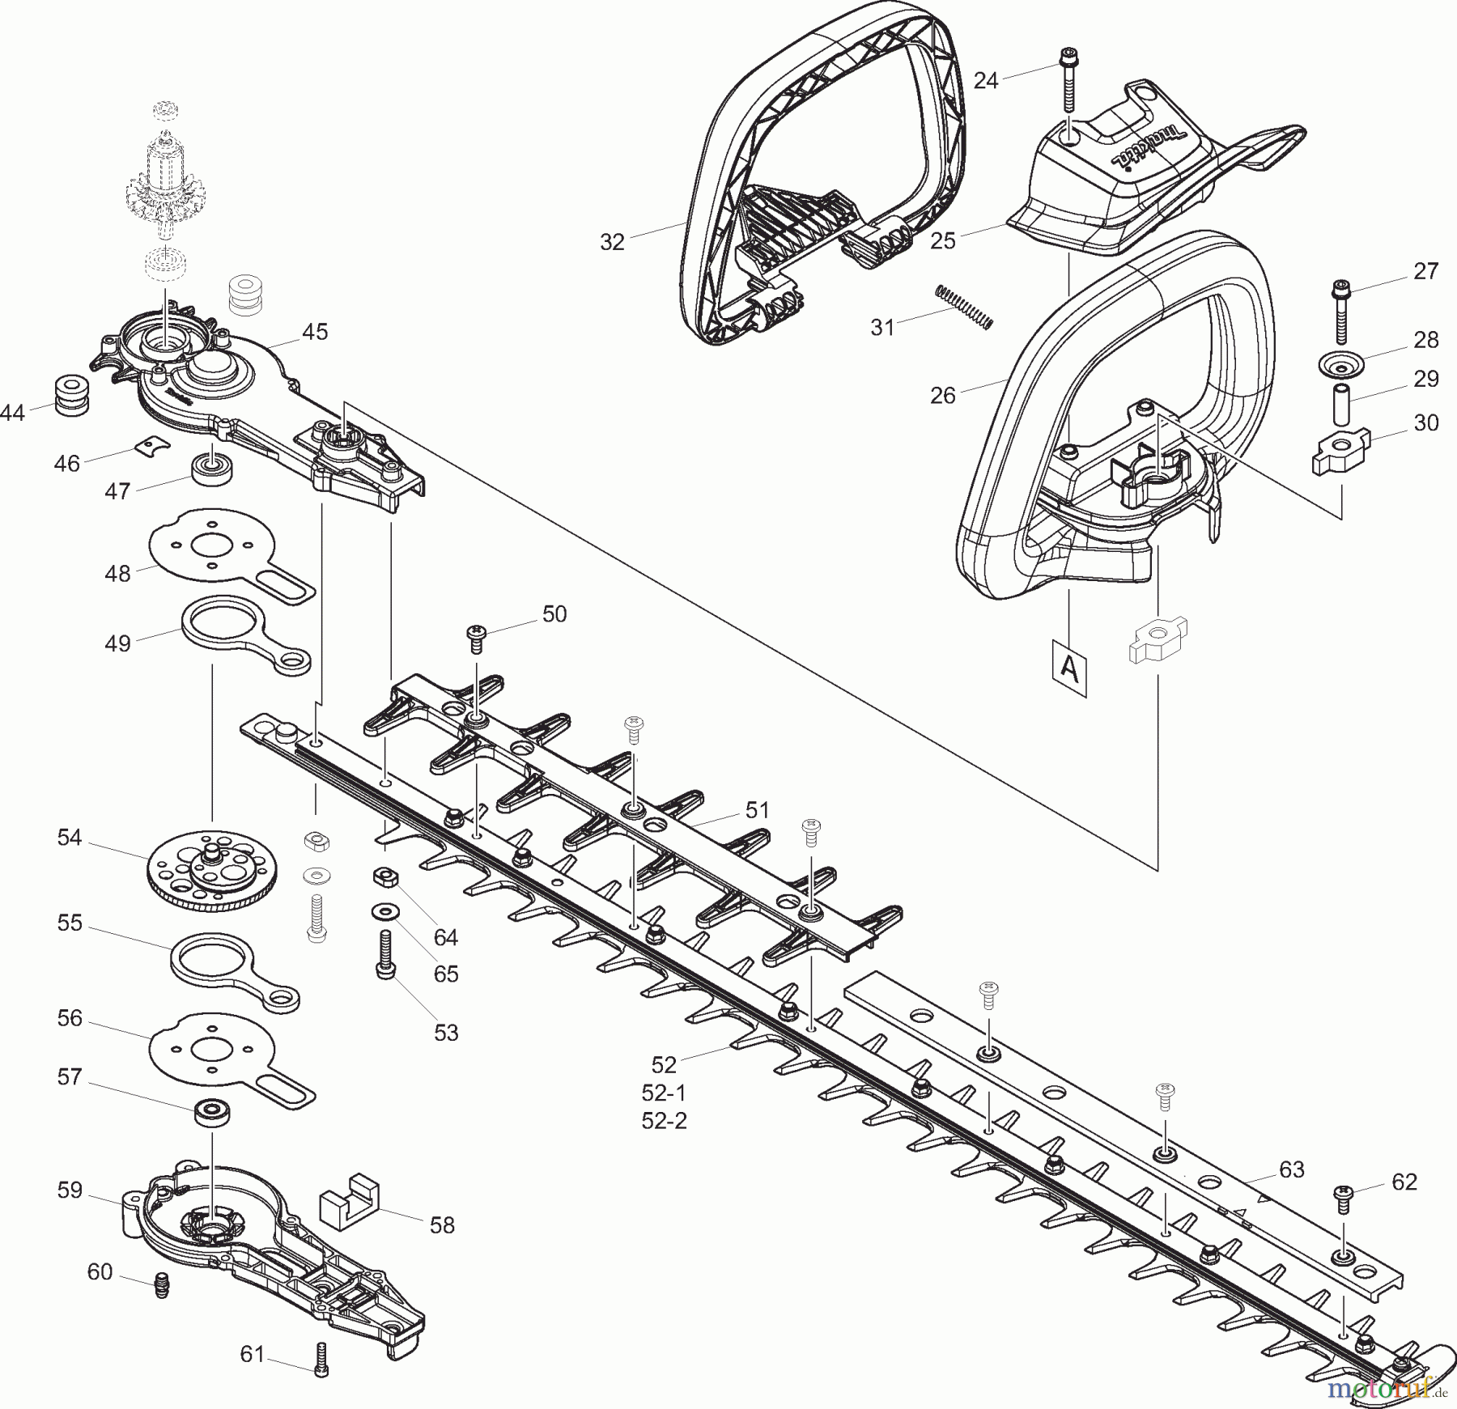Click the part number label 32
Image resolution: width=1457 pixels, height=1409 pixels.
[612, 242]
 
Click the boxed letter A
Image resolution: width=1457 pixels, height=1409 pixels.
[1070, 668]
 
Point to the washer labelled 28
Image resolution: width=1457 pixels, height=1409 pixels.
[1341, 365]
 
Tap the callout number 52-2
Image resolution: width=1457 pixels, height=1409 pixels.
[664, 1121]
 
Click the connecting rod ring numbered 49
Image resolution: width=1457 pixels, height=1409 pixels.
[243, 630]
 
